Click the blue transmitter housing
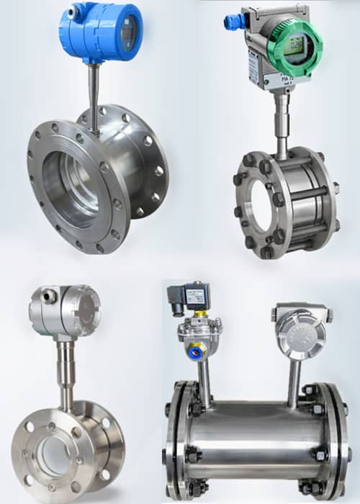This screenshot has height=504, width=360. (x=101, y=32)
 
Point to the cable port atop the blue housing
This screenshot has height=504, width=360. (x=73, y=12)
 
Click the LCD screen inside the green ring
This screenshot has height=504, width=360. (x=296, y=44)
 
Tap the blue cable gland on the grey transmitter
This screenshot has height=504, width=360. (x=233, y=22)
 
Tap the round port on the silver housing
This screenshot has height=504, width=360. (x=49, y=294)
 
